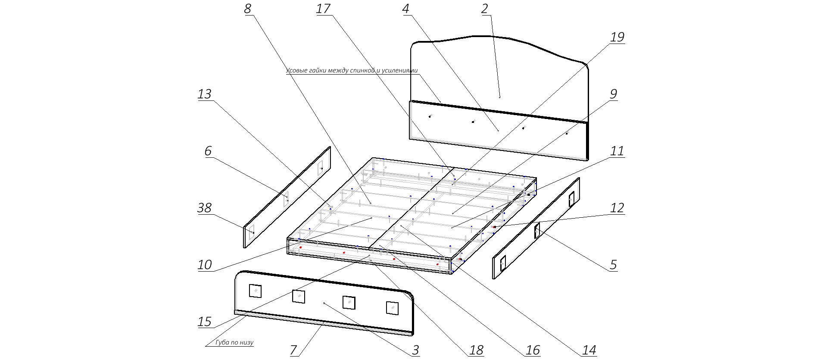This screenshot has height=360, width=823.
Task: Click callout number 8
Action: (x=247, y=9)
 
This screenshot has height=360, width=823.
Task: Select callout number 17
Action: (x=323, y=9)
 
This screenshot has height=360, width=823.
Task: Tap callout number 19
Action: (x=617, y=37)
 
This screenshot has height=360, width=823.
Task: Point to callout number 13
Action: (x=205, y=94)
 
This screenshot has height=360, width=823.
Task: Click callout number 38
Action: (x=205, y=208)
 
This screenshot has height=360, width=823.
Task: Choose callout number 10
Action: (x=205, y=264)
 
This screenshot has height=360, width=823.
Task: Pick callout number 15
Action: (x=205, y=322)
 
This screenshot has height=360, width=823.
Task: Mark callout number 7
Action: (x=294, y=350)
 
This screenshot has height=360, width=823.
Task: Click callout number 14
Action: (x=589, y=350)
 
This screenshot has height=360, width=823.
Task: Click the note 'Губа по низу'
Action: (x=235, y=343)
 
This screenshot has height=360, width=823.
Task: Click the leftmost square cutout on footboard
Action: (x=255, y=291)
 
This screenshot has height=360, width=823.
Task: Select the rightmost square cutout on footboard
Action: (x=392, y=308)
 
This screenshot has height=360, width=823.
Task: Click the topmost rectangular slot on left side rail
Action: (x=321, y=168)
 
